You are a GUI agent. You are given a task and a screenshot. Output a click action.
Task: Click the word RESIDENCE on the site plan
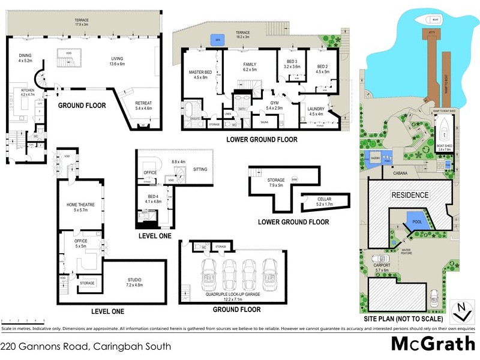click(410, 195)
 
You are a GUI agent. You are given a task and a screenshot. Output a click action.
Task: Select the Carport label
click(382, 265)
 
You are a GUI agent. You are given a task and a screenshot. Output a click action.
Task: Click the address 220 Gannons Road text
click(85, 346)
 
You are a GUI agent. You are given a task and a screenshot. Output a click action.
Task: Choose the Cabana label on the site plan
click(401, 173)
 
